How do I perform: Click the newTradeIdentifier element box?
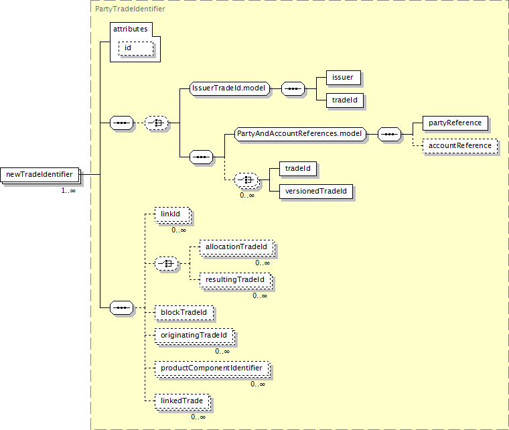coord(40,175)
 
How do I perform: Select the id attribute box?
coord(136,48)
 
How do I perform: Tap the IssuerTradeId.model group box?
coord(230,88)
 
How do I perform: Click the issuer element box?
coord(344,78)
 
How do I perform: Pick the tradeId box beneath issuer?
coord(345,100)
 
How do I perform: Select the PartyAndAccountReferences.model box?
coord(300,134)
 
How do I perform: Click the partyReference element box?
coord(455,123)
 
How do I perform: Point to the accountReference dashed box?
coord(460,146)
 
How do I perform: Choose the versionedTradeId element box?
coord(316,192)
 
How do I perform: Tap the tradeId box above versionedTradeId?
coord(298,169)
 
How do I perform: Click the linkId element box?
coord(172,214)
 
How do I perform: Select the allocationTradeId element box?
coord(237,247)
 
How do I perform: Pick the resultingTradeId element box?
coord(236,280)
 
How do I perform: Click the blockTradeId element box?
coord(184,313)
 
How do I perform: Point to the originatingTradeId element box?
coord(194,336)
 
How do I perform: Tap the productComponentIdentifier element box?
coord(212,368)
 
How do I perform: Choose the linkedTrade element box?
coord(182,401)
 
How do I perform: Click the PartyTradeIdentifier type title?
coord(130,9)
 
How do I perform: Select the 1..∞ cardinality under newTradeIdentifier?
coord(68,190)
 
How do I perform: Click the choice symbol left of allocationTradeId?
coord(166,263)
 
